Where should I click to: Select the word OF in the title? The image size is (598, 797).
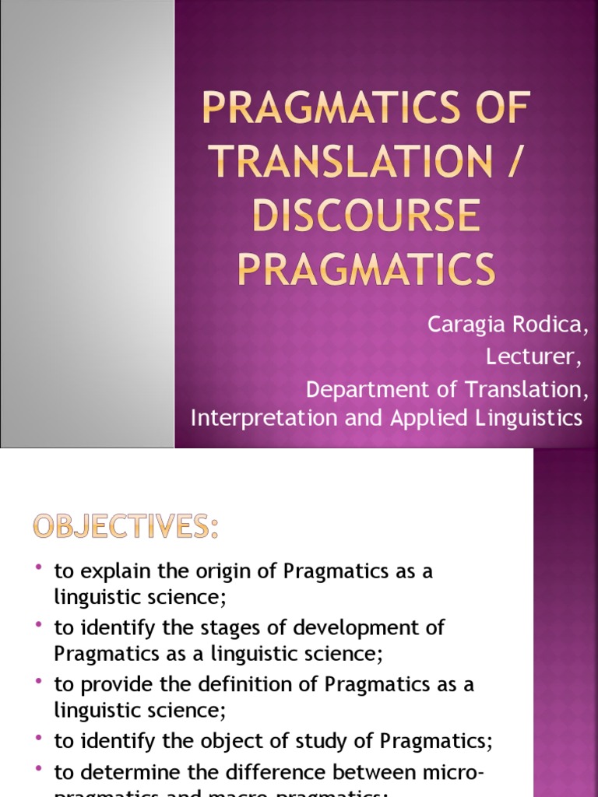[x=496, y=108]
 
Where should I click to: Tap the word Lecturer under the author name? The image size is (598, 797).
[x=533, y=356]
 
